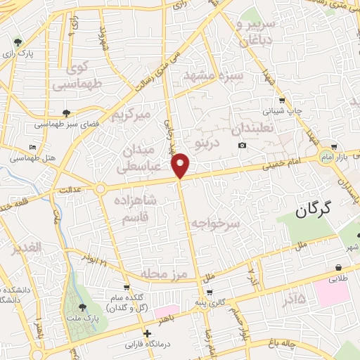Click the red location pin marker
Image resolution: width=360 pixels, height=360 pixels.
click(x=181, y=165)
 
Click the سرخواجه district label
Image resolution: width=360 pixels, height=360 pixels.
click(x=219, y=222)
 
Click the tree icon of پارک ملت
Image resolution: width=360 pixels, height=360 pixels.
click(x=83, y=308)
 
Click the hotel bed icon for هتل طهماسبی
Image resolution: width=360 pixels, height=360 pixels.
click(x=34, y=147)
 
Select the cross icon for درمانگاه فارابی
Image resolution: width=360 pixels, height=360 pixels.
click(x=147, y=334)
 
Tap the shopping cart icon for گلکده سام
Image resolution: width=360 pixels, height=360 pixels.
click(x=127, y=288)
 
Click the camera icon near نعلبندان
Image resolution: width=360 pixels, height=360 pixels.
click(x=242, y=146)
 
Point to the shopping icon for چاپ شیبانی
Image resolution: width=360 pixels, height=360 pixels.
click(x=282, y=100)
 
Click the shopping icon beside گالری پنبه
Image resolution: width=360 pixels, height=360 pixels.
click(x=210, y=292)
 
